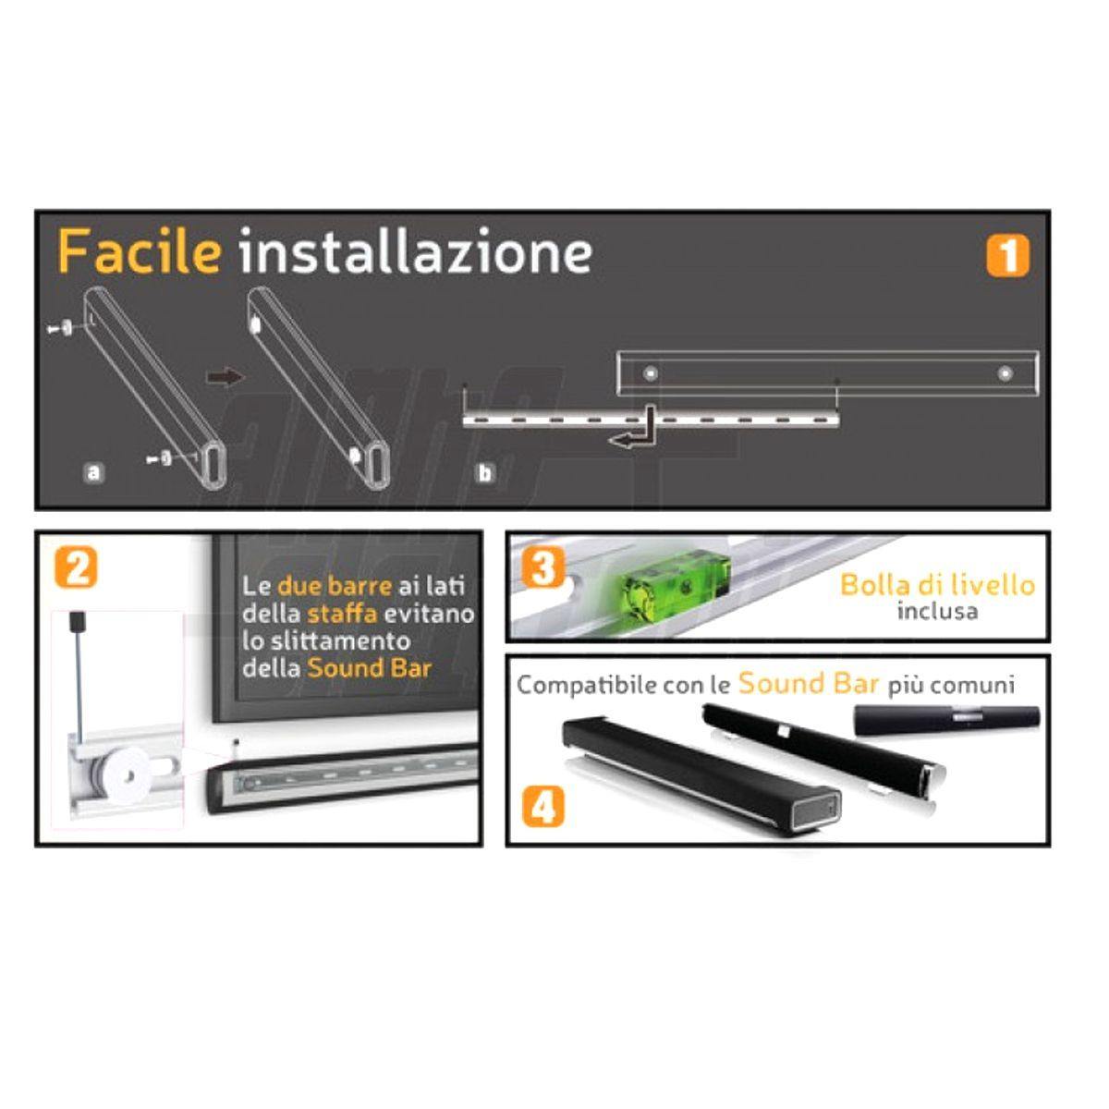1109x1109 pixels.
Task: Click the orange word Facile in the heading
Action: pyautogui.click(x=139, y=251)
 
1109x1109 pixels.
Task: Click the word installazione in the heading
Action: pyautogui.click(x=415, y=251)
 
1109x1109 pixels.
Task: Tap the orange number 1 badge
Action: pyautogui.click(x=1006, y=256)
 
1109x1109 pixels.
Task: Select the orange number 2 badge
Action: pyautogui.click(x=75, y=567)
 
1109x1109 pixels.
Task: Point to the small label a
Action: pyautogui.click(x=92, y=473)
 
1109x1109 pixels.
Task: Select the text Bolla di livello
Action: pyautogui.click(x=937, y=585)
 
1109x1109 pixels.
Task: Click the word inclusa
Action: pyautogui.click(x=936, y=611)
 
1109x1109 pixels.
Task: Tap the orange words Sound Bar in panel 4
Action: pyautogui.click(x=808, y=684)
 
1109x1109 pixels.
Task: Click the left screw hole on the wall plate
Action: pyautogui.click(x=652, y=374)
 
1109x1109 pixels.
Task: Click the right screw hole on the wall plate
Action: pyautogui.click(x=1005, y=374)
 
